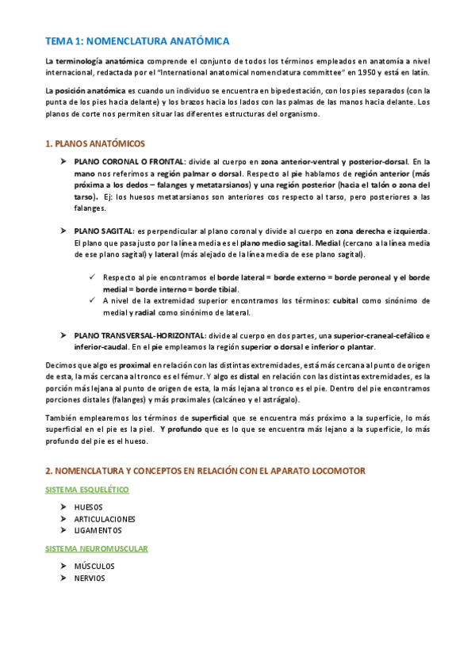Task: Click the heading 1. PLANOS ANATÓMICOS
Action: click(x=95, y=143)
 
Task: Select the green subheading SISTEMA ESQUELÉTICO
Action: click(x=87, y=490)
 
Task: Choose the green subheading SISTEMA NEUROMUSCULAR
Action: click(x=97, y=548)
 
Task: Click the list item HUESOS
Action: click(x=88, y=507)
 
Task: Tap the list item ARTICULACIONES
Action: click(x=105, y=519)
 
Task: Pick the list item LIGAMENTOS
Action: click(x=98, y=530)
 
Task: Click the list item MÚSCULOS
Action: click(x=94, y=567)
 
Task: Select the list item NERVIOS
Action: click(x=89, y=578)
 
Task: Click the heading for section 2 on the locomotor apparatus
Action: click(x=205, y=471)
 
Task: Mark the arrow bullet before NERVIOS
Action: click(x=63, y=578)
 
